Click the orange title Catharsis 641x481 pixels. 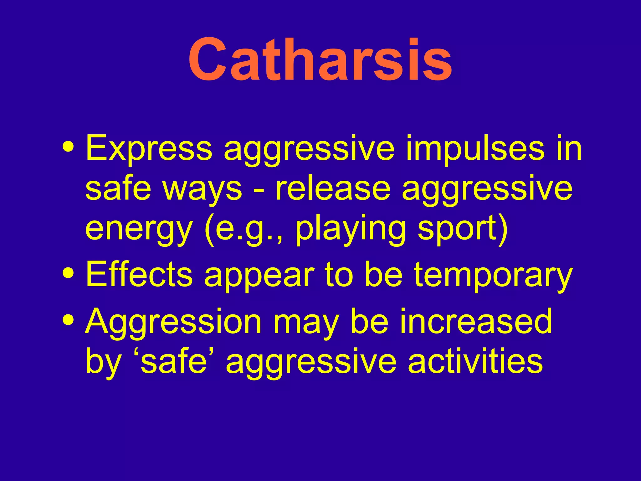[320, 59]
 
